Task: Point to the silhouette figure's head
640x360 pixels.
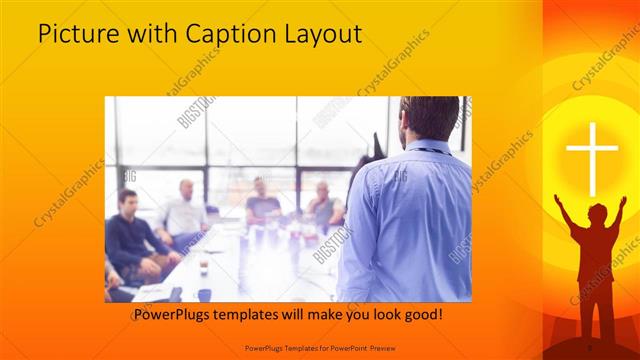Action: tap(597, 213)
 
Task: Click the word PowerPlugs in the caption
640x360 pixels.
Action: tap(176, 314)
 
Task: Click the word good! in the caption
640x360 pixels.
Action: tap(424, 314)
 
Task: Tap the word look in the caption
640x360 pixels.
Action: tap(380, 314)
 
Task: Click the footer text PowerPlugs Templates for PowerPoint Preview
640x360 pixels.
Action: tap(320, 347)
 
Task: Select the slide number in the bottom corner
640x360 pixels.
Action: tap(589, 347)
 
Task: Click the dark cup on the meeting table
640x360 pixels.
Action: tap(204, 294)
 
